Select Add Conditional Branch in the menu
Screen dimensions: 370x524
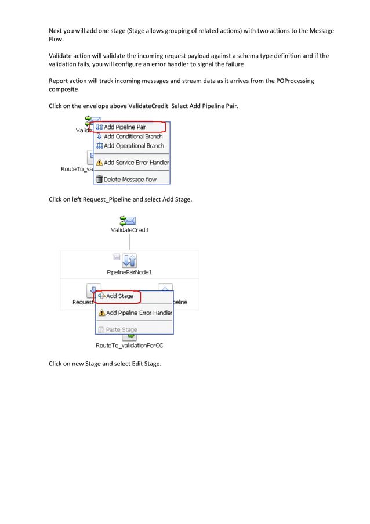(133, 137)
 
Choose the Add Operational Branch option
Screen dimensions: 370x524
(133, 146)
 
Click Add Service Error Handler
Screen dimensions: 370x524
(136, 163)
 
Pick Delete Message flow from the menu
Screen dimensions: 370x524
(130, 180)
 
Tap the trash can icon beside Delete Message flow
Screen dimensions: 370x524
(99, 180)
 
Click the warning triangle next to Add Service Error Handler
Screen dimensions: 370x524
(99, 163)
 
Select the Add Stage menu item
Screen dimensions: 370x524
(119, 296)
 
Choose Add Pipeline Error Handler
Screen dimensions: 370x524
(139, 313)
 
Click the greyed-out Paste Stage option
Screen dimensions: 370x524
(121, 329)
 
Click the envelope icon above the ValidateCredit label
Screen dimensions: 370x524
(127, 220)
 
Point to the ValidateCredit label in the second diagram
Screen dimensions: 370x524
(129, 230)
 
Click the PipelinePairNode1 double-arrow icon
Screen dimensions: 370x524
(130, 261)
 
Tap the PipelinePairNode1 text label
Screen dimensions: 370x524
(129, 272)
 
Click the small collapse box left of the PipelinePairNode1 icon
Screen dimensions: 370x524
(116, 256)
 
